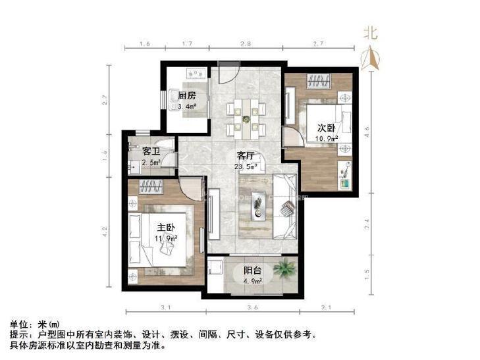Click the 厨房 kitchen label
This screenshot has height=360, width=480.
[187, 95]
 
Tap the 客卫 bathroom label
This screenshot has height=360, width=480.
[151, 152]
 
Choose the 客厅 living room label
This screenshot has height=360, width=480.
[246, 156]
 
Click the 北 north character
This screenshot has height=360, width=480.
[371, 32]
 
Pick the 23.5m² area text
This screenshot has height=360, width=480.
[246, 167]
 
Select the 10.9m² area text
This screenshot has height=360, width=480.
[327, 140]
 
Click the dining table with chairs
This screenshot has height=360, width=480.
[246, 118]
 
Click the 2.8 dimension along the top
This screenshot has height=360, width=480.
[245, 44]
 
